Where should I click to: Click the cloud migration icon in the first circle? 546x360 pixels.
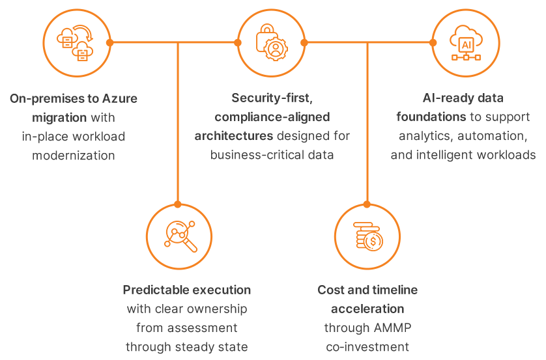click(75, 43)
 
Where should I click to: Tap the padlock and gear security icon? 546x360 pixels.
click(272, 42)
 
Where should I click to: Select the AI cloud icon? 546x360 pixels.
click(466, 42)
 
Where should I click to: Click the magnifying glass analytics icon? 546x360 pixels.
click(180, 236)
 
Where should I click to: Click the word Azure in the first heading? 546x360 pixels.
click(119, 98)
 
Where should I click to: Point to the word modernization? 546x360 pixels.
click(74, 155)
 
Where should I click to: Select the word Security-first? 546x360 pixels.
click(272, 98)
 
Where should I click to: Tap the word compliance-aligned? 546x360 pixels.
click(272, 117)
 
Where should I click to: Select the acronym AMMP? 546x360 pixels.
click(392, 327)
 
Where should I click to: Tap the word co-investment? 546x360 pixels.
click(367, 347)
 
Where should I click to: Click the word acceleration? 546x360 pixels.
click(367, 309)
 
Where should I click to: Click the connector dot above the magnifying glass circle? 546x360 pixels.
click(178, 204)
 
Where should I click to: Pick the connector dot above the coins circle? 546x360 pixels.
click(367, 204)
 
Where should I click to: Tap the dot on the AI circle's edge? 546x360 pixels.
click(433, 42)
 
